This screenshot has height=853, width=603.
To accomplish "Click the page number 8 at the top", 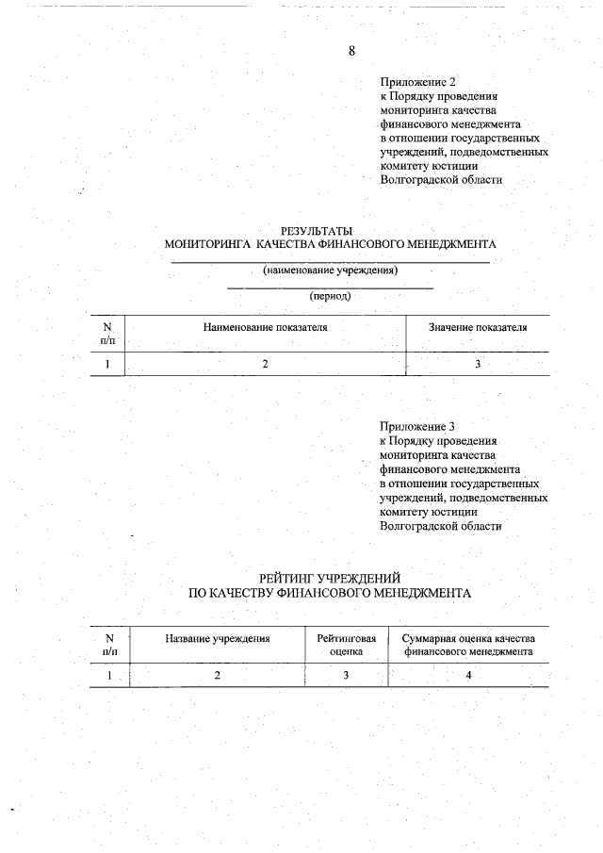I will point(351,52).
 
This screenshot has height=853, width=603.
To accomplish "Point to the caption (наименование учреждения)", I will point(330,271).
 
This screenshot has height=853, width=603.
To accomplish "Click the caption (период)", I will point(330,296).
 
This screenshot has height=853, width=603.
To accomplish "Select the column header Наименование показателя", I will point(265,327).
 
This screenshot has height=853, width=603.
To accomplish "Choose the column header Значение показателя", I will point(477,327).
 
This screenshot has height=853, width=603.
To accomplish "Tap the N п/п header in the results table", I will point(107,333).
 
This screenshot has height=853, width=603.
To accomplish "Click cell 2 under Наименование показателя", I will point(265,364).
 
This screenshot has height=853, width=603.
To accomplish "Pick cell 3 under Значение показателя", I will point(477,364).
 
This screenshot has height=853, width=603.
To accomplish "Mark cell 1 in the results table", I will point(107,364).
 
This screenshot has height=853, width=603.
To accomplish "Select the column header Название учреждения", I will point(218,638).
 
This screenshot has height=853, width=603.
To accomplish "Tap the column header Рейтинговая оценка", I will point(346,645).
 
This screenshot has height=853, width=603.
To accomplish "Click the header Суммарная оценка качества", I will point(468,638).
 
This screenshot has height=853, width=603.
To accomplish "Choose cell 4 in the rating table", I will point(468,675).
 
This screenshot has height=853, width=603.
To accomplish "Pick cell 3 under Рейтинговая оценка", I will point(346,675).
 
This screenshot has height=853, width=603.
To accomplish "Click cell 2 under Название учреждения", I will point(218,675).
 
